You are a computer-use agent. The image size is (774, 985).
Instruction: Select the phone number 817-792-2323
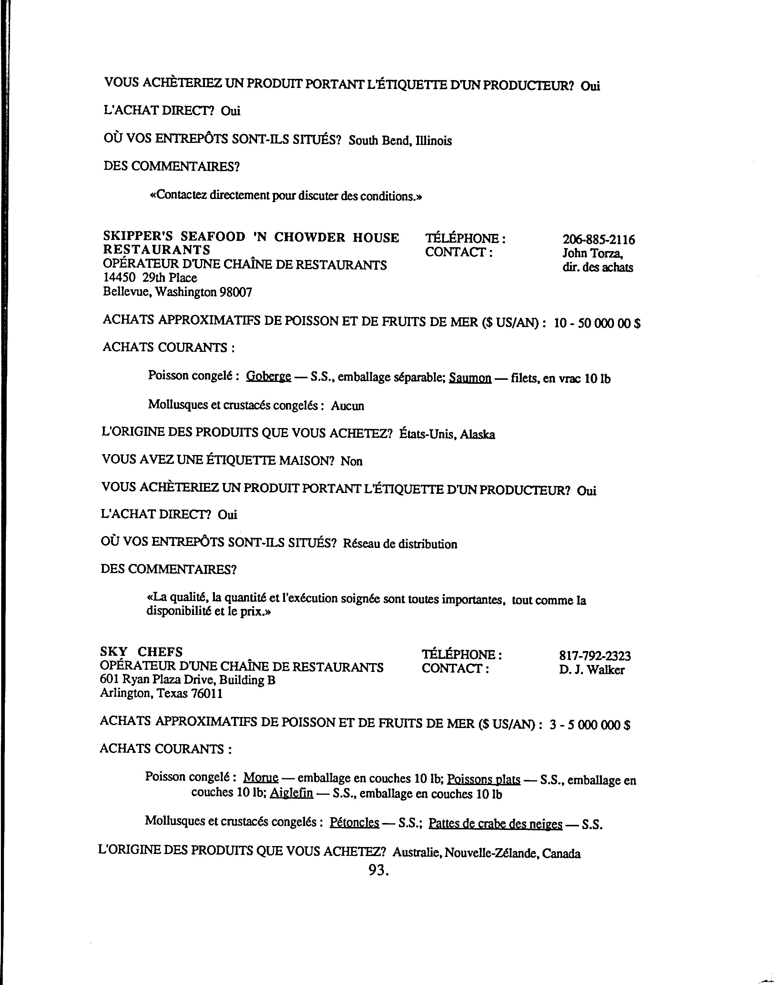click(x=595, y=656)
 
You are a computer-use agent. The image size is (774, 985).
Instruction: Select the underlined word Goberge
click(x=268, y=377)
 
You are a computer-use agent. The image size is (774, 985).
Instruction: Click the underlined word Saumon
click(x=470, y=378)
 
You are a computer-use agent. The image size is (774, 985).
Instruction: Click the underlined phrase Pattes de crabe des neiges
click(x=495, y=824)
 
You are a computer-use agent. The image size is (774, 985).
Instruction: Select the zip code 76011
click(x=207, y=694)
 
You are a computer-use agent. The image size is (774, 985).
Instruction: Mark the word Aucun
click(x=348, y=406)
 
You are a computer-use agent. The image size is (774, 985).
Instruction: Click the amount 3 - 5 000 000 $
click(x=589, y=725)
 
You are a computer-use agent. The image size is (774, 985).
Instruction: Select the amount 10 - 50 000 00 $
click(x=597, y=323)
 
